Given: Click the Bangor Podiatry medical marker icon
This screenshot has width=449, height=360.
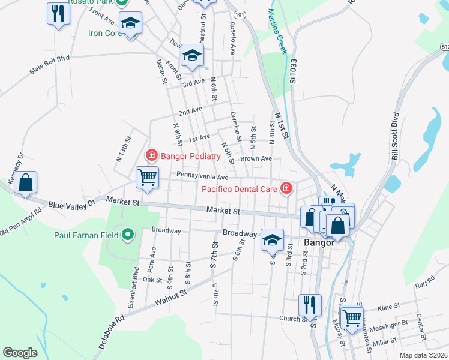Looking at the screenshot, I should pos(151,156).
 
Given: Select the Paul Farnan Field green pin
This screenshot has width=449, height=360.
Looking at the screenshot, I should pos(127,235).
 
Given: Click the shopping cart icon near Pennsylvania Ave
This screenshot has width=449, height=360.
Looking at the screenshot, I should pos(147,178).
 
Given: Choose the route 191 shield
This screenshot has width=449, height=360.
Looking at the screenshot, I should pos(240,14).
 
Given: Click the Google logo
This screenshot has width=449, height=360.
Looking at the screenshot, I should pos(20,353).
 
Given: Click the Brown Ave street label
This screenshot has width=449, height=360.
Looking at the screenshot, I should pos(256,159).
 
